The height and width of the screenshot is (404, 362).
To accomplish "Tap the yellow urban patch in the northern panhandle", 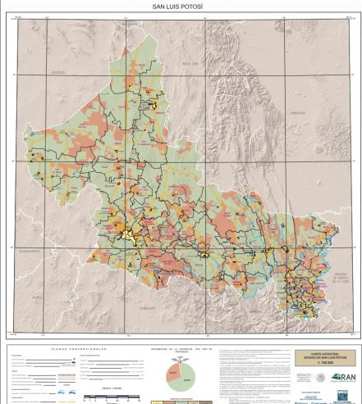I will [153, 105].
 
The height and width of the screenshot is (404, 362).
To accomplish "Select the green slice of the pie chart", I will [186, 376].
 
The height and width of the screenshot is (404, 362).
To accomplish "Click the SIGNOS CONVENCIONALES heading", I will [73, 347].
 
